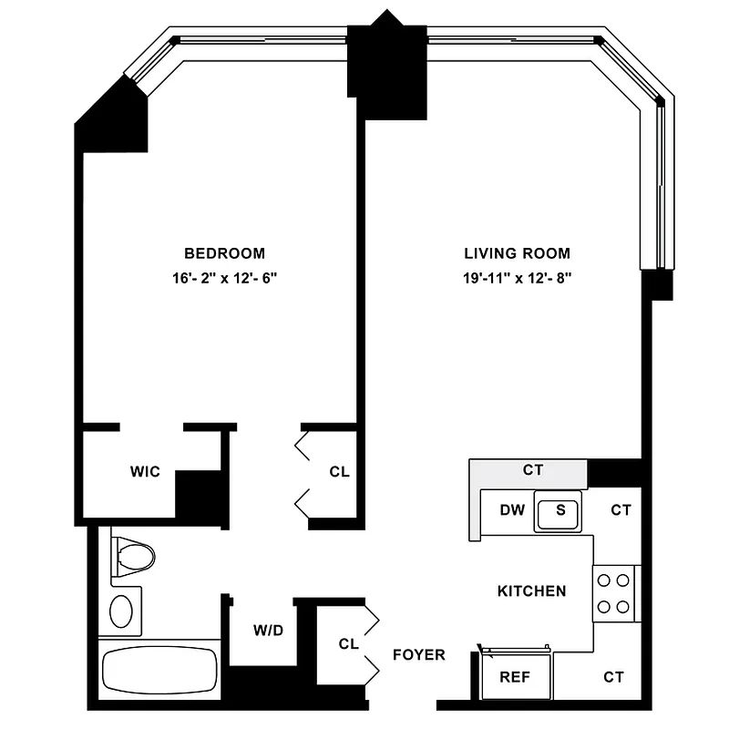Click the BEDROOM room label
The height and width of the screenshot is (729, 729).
pyautogui.click(x=224, y=253)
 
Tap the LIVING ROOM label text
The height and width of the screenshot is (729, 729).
pyautogui.click(x=517, y=253)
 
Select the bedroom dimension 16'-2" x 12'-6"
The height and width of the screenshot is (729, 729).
pyautogui.click(x=224, y=279)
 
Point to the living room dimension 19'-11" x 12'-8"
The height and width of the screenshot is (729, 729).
pyautogui.click(x=517, y=279)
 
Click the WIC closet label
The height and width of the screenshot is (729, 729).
pyautogui.click(x=145, y=471)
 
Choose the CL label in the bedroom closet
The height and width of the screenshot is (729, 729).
pyautogui.click(x=339, y=472)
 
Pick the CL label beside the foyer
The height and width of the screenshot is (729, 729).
pyautogui.click(x=348, y=643)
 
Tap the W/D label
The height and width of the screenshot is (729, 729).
pyautogui.click(x=269, y=630)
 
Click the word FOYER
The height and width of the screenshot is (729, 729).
pyautogui.click(x=419, y=654)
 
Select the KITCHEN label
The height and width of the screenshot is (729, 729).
pyautogui.click(x=531, y=591)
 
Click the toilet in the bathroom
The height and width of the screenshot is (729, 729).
pyautogui.click(x=133, y=553)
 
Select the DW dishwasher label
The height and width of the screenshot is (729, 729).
pyautogui.click(x=512, y=510)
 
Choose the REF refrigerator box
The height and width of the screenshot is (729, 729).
pyautogui.click(x=515, y=677)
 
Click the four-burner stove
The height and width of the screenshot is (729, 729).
pyautogui.click(x=613, y=592)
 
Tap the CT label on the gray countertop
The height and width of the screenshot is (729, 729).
pyautogui.click(x=532, y=470)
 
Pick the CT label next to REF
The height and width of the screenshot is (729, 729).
pyautogui.click(x=613, y=677)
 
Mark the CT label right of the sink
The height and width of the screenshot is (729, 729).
pyautogui.click(x=621, y=510)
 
